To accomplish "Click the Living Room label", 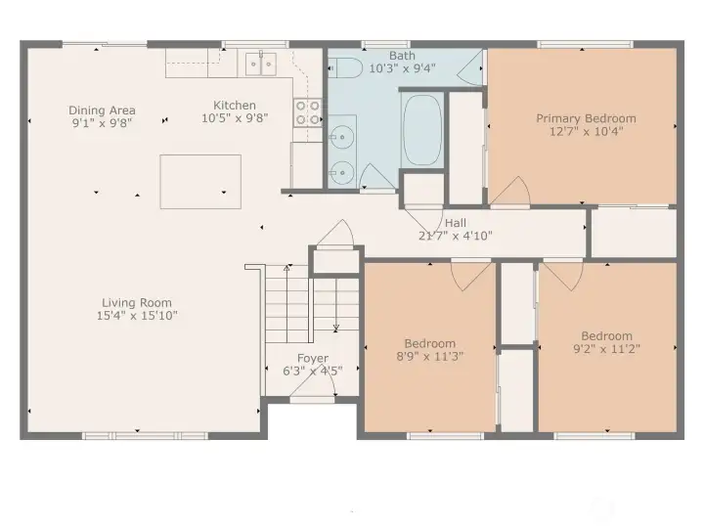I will point(137,303).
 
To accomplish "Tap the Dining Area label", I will point(102,110).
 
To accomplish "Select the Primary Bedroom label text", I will point(586,118).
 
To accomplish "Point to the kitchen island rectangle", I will point(200,181).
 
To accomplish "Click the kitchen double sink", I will point(260,64).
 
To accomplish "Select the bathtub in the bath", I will point(422,129).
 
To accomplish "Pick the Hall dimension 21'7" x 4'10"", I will point(456,236).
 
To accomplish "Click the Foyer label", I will point(313,359).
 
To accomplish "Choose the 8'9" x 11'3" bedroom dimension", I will point(430,356).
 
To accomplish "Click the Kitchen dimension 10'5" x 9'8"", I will point(235,118).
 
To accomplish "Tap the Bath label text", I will point(401,56).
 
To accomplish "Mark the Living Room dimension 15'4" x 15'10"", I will point(137,316).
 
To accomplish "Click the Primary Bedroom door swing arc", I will point(510,192).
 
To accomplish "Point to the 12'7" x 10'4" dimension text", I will point(586,131).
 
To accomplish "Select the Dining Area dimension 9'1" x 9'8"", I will point(102,123).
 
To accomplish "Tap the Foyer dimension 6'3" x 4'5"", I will point(313,372).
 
